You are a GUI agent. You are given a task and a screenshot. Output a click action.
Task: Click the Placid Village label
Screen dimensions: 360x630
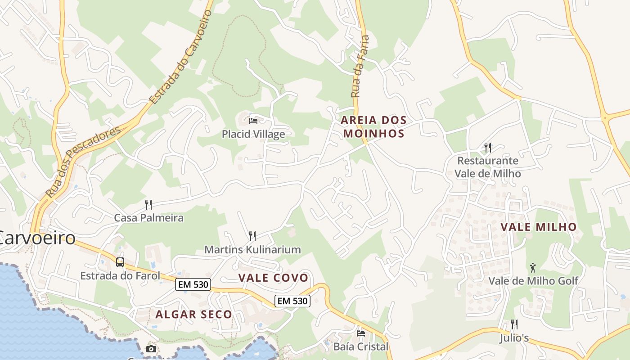253,134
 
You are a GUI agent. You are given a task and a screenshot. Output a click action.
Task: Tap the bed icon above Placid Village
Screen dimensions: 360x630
253,121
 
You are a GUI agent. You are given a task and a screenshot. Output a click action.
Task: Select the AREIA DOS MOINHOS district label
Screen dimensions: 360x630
373,127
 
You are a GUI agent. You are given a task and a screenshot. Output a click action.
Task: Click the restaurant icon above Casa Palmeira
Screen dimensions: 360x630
148,205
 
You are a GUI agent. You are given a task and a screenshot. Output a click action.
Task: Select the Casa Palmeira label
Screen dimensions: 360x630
148,218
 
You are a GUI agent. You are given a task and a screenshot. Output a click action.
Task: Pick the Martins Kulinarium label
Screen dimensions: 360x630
252,249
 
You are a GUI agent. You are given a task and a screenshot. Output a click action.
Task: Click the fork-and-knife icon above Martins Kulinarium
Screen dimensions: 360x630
252,236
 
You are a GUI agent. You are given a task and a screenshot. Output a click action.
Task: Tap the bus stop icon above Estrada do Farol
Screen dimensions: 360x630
120,262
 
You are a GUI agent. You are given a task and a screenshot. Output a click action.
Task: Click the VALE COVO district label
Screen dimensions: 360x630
273,278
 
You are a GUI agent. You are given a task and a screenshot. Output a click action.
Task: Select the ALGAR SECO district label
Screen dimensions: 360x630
194,315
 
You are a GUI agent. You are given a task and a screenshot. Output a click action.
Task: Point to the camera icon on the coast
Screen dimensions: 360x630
151,349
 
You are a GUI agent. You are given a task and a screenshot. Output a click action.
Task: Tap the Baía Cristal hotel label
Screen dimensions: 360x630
360,346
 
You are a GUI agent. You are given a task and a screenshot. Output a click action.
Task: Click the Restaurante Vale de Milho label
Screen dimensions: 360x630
487,167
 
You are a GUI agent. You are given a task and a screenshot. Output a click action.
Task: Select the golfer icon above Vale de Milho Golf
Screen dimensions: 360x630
533,268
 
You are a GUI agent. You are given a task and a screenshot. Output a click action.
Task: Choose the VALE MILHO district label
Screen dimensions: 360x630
539,227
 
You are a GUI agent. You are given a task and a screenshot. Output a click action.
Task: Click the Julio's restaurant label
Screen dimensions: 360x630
514,338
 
